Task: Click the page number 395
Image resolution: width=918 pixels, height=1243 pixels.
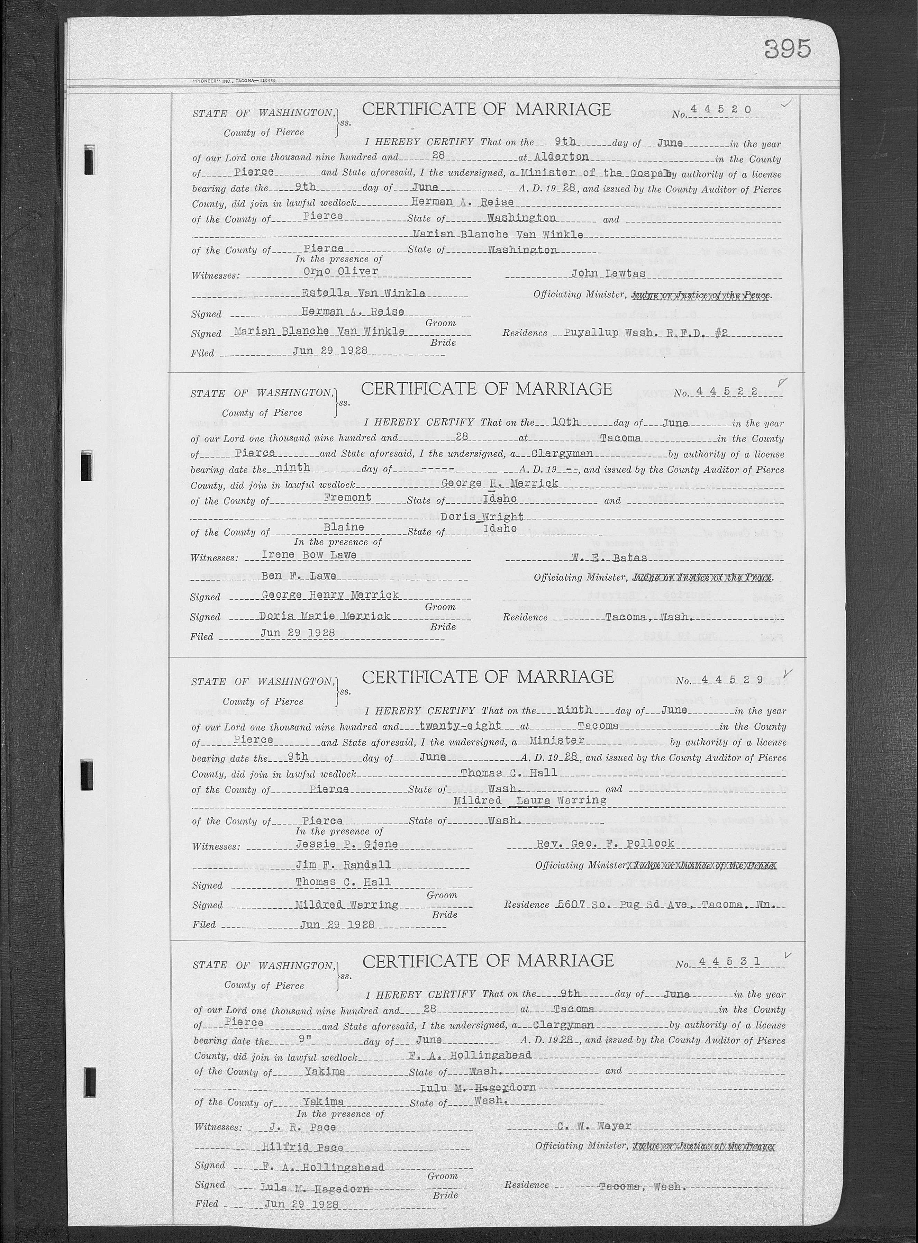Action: click(788, 49)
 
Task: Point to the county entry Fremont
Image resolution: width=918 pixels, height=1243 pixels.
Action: click(347, 498)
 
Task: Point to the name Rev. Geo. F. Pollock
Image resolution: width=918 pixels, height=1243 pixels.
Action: click(605, 843)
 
